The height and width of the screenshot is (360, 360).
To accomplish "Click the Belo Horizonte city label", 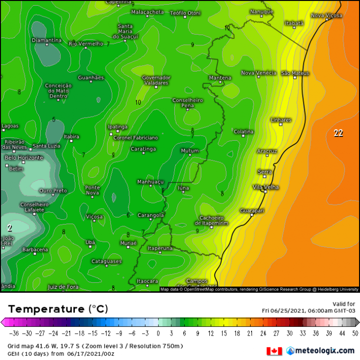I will pyautogui.click(x=24, y=157).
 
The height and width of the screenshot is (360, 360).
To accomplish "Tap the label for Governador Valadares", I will pyautogui.click(x=156, y=80).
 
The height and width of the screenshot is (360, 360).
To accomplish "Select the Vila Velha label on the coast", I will pyautogui.click(x=265, y=187).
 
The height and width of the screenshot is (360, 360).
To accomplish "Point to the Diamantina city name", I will pyautogui.click(x=47, y=40).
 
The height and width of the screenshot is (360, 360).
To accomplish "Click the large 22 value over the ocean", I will pyautogui.click(x=338, y=133).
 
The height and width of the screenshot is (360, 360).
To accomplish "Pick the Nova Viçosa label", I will pyautogui.click(x=326, y=16).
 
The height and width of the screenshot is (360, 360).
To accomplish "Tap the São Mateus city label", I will pyautogui.click(x=295, y=73).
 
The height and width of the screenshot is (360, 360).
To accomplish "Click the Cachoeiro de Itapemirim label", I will pyautogui.click(x=212, y=220).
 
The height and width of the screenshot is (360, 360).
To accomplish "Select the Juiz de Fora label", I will pyautogui.click(x=63, y=287).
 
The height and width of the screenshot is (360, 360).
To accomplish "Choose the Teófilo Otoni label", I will pyautogui.click(x=185, y=13).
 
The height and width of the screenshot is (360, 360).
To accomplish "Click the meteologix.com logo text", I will pyautogui.click(x=323, y=351).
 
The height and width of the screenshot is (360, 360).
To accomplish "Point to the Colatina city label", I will pyautogui.click(x=243, y=132).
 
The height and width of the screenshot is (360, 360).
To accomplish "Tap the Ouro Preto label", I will pyautogui.click(x=53, y=191).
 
